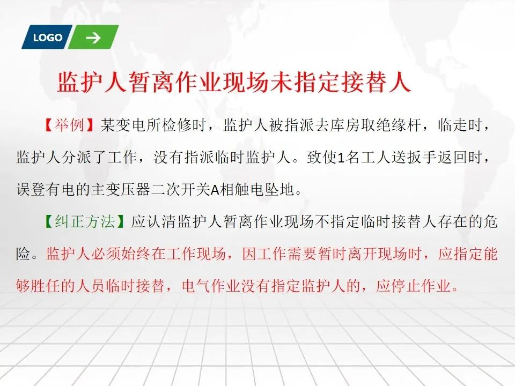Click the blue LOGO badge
click(47, 37)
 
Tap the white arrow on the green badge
click(93, 38)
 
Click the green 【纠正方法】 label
click(84, 221)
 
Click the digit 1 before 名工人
click(341, 158)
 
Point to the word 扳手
click(422, 157)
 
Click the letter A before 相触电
click(215, 190)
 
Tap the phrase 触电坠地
click(264, 189)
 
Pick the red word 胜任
click(46, 286)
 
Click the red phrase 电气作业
click(211, 286)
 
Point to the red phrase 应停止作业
click(413, 286)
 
